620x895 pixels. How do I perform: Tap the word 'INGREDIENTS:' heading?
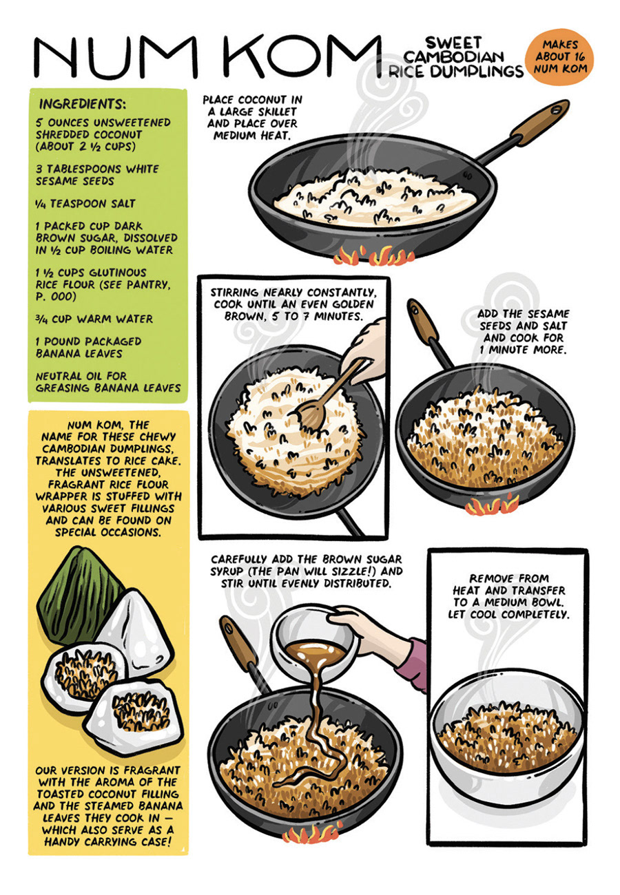point(83,104)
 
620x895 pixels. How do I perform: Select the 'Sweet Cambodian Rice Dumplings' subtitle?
point(456,56)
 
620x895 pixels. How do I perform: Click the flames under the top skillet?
point(368,256)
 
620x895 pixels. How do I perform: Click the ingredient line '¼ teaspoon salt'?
point(85,204)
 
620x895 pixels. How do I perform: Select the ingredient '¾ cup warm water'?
point(94,319)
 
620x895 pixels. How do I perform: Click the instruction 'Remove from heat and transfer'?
point(508,584)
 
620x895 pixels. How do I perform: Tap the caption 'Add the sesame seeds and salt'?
point(523,319)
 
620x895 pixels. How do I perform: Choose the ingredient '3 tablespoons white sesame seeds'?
point(97,175)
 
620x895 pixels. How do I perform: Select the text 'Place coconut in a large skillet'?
point(252,105)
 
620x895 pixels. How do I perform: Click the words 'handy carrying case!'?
point(108,842)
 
